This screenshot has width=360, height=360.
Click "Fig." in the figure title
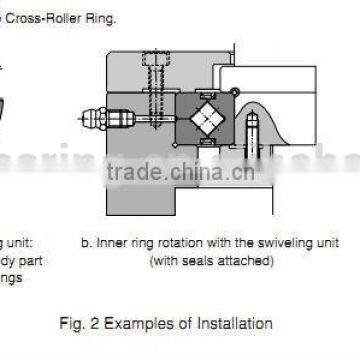[93, 323]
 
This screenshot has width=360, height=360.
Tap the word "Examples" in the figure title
[150, 323]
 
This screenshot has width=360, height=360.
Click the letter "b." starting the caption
[87, 244]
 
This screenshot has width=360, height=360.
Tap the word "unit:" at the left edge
[19, 244]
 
